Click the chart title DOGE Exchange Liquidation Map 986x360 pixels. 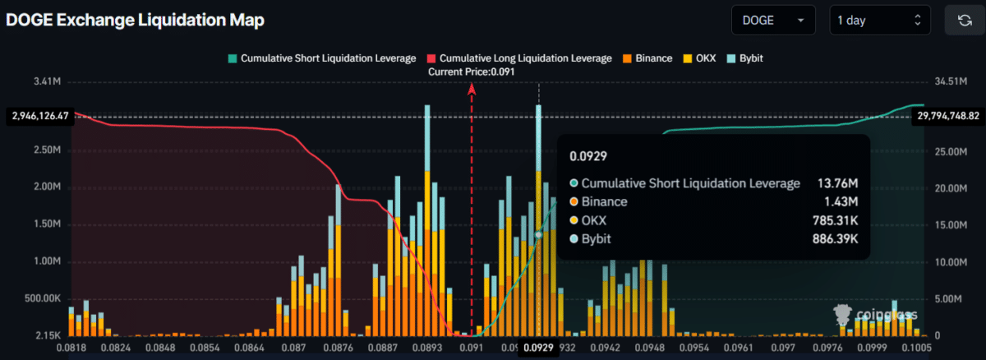tap(135, 21)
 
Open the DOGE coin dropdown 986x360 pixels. tap(772, 21)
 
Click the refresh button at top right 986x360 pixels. tap(965, 21)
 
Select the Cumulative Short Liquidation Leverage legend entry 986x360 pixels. tap(321, 58)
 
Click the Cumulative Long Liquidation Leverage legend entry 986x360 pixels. tap(518, 58)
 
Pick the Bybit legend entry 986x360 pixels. tap(744, 58)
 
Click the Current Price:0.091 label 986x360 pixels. tap(471, 72)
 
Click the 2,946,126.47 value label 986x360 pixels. tap(39, 117)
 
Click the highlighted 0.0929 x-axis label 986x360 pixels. tap(538, 348)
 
